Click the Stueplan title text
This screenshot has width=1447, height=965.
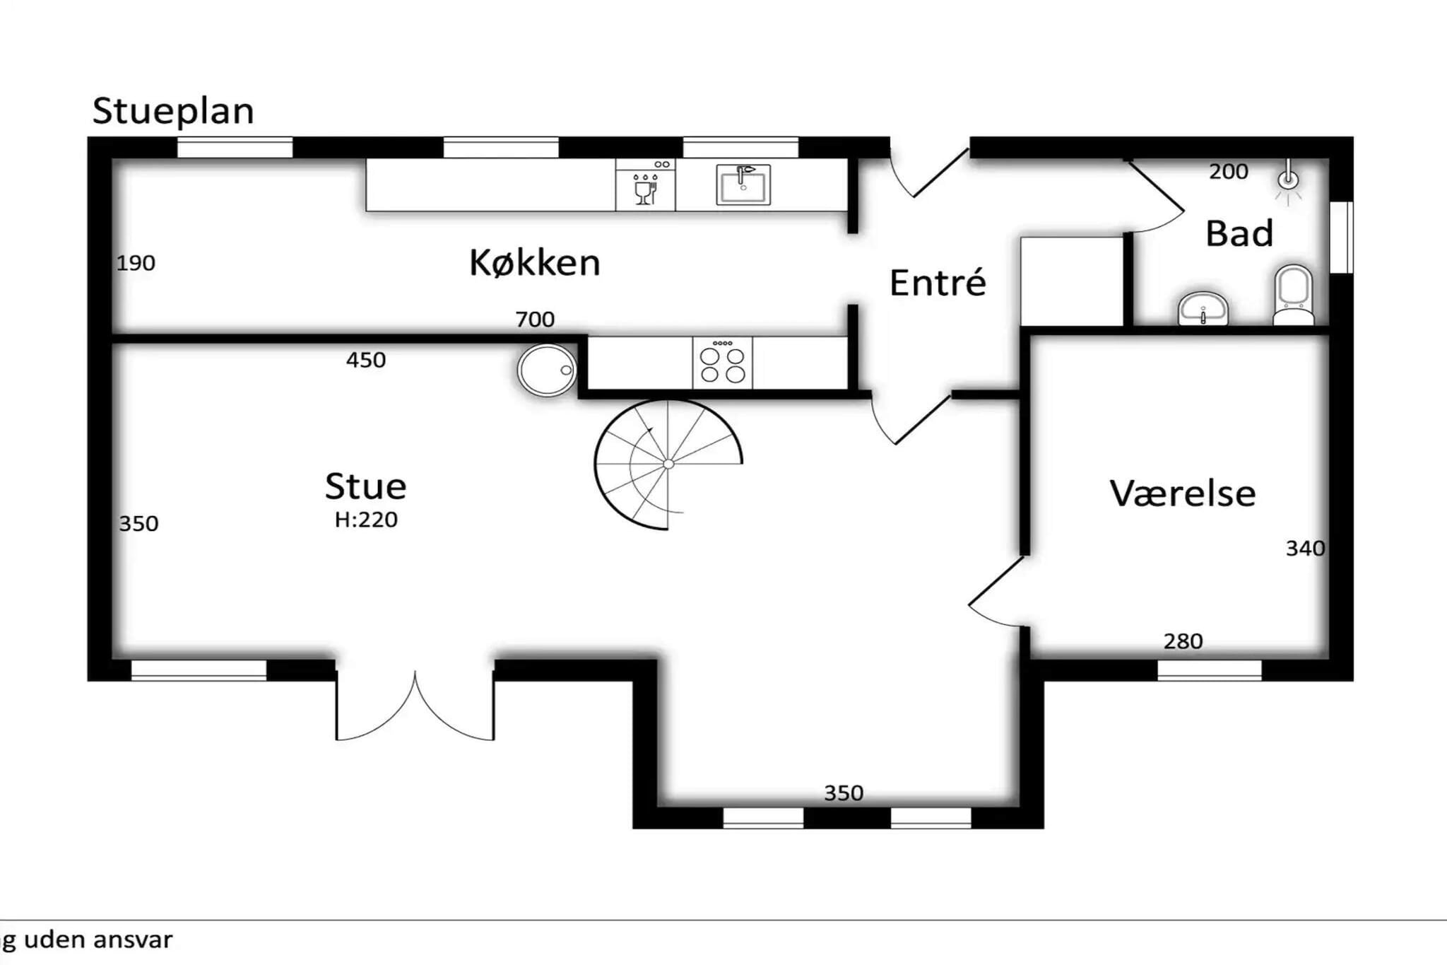[173, 112]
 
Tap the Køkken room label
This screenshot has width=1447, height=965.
[535, 263]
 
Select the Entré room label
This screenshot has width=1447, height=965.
[938, 282]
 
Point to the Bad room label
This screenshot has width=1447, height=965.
[1239, 233]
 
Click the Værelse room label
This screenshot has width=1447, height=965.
[1183, 493]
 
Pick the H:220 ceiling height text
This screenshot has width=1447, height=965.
[366, 520]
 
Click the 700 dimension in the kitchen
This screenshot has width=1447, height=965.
[535, 320]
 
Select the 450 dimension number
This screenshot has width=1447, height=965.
[366, 360]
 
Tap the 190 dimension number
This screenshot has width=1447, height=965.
[136, 263]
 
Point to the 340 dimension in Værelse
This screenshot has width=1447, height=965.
[1305, 548]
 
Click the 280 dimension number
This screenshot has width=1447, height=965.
[1183, 641]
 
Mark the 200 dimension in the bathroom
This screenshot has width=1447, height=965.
[1228, 171]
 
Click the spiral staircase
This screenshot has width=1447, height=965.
[668, 464]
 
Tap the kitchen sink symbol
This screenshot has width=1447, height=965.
[743, 185]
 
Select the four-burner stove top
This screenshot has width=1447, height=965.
[722, 363]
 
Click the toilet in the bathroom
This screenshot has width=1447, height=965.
[1293, 295]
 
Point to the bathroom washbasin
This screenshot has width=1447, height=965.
[1203, 309]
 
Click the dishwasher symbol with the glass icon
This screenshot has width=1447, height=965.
[645, 185]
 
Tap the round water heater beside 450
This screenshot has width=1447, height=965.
[548, 370]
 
